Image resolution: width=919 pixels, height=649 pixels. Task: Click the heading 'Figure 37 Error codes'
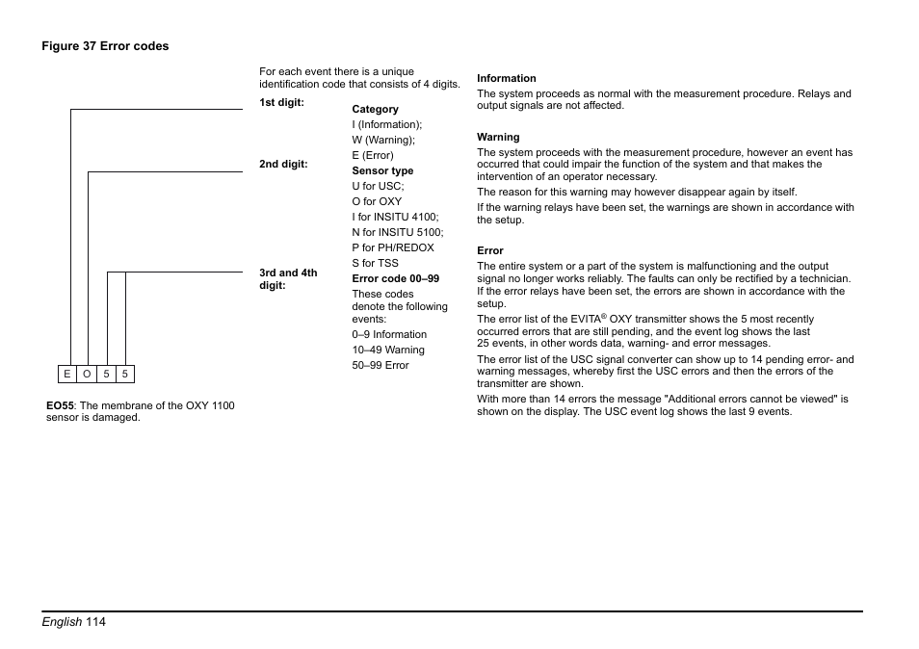click(104, 46)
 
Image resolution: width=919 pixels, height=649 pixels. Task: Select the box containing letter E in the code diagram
click(67, 374)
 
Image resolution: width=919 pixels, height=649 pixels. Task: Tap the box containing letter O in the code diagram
click(87, 374)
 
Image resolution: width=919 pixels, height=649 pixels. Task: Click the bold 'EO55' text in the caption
click(60, 405)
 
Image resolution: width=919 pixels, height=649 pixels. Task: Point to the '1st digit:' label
click(281, 102)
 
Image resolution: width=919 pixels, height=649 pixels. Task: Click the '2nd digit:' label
click(283, 164)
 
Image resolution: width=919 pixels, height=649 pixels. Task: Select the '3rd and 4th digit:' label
click(288, 279)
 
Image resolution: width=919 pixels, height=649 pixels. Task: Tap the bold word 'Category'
click(375, 109)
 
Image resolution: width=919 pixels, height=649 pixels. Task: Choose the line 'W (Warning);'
click(383, 140)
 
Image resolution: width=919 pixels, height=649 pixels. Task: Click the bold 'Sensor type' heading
click(382, 170)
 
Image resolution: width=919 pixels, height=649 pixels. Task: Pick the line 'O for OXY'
click(377, 201)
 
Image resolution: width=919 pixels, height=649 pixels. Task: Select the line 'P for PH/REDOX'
click(393, 247)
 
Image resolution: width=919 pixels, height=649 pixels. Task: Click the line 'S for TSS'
click(375, 263)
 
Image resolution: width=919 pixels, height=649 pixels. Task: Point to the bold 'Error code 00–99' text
click(395, 278)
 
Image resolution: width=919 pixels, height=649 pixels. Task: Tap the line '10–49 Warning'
click(388, 350)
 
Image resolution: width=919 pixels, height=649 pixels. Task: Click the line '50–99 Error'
click(381, 365)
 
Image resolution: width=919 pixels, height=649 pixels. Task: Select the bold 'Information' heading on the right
click(507, 78)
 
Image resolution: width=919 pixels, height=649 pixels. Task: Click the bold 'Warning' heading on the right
click(498, 137)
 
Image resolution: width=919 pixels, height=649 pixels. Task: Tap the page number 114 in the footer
click(95, 622)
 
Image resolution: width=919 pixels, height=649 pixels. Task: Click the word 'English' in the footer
click(61, 622)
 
